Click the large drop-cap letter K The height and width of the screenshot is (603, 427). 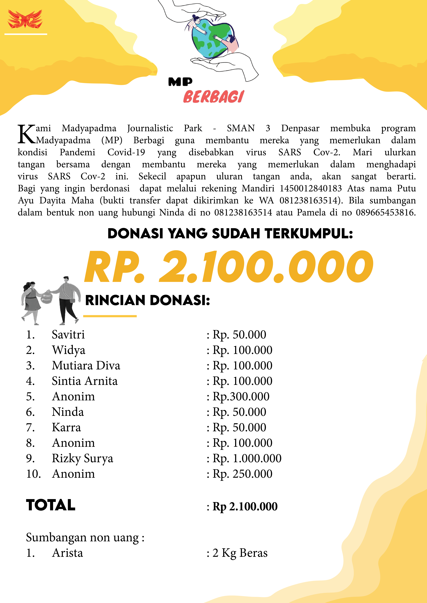click(26, 134)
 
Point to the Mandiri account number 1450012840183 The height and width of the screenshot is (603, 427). click(310, 188)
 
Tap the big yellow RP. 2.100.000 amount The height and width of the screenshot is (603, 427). click(228, 267)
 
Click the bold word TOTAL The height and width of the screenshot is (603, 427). click(51, 505)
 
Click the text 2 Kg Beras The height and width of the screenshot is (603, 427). click(240, 553)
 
